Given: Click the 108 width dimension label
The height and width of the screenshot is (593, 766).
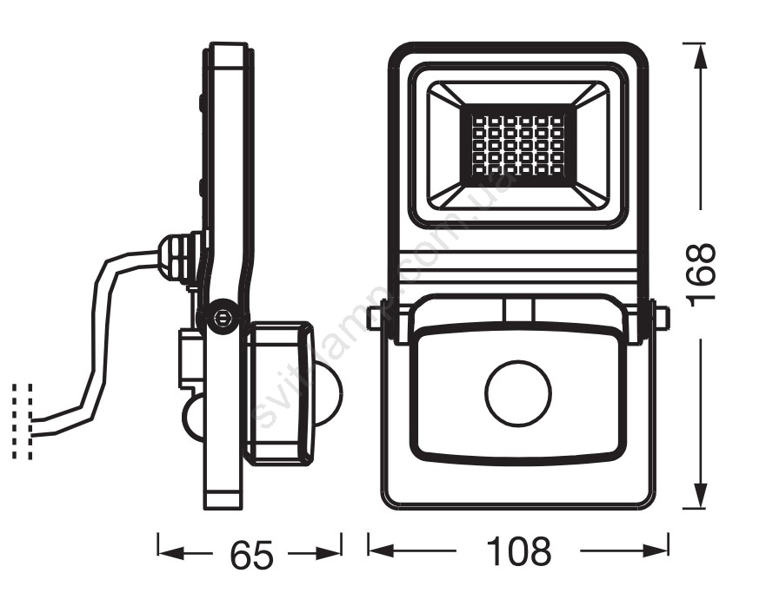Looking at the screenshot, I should coord(518,550).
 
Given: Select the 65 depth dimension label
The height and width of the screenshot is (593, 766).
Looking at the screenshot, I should coord(251,555).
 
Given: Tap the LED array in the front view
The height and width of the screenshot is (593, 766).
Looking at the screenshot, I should coord(518,144).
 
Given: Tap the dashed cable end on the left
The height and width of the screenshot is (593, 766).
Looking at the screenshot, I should coord(23,421).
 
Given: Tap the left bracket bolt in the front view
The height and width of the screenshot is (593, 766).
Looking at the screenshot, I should coord(375,318).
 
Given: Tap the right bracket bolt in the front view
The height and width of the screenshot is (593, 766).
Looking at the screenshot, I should coord(662,318).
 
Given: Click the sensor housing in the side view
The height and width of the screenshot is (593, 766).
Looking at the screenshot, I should coord(276,392).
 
